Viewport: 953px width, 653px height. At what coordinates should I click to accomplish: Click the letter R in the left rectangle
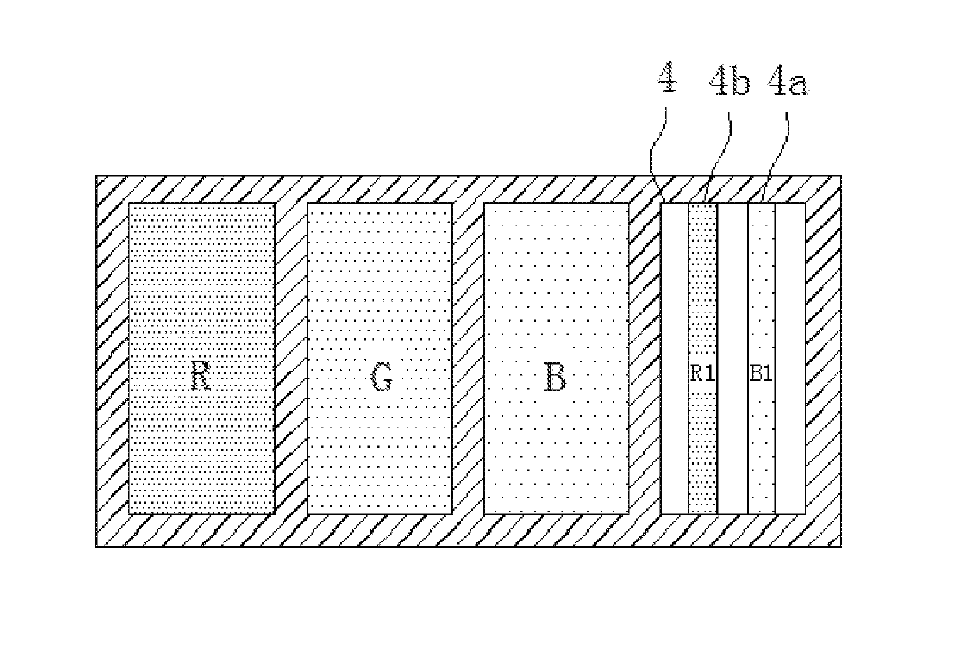pyautogui.click(x=201, y=377)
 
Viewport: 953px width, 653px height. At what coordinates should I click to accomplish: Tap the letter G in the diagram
pyautogui.click(x=381, y=378)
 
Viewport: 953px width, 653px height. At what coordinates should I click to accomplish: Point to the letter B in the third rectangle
pyautogui.click(x=554, y=378)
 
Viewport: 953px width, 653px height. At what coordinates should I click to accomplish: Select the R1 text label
pyautogui.click(x=702, y=375)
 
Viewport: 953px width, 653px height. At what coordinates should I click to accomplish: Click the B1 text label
pyautogui.click(x=761, y=375)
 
